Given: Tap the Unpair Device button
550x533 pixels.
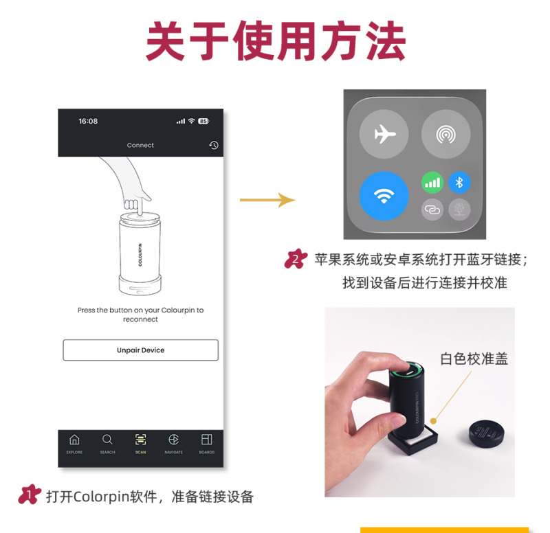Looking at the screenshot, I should (140, 350).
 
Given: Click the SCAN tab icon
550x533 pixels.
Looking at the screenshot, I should (140, 440).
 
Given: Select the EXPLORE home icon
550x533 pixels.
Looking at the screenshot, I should (74, 440).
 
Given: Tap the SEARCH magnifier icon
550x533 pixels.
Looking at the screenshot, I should (107, 440).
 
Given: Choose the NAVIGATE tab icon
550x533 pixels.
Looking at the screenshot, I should (173, 440).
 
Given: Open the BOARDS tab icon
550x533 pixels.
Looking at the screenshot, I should (206, 440).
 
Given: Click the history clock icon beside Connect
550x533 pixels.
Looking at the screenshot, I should (214, 145).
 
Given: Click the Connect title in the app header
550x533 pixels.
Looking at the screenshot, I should (140, 145).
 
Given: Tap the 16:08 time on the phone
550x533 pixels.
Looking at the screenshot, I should (88, 122).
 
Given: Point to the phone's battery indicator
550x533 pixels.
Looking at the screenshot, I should (203, 122).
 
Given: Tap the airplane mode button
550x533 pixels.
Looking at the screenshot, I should (384, 134).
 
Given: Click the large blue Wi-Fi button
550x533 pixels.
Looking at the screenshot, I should (384, 196).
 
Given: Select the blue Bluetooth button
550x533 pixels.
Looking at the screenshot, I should (460, 182).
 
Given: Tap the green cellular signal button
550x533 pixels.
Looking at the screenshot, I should (432, 182).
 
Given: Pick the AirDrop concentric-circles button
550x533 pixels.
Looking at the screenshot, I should (445, 134).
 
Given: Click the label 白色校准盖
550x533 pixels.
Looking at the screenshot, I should (474, 359).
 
